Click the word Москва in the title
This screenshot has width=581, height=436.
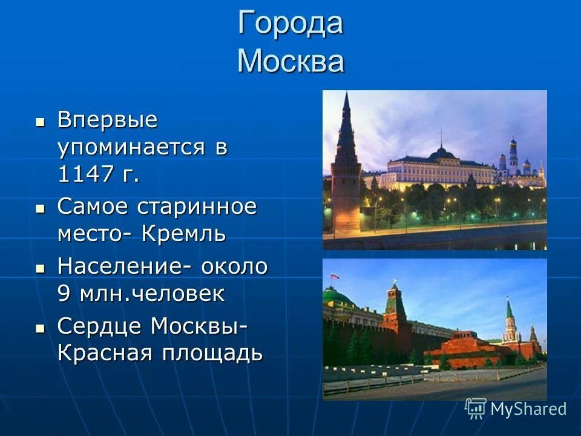[x=290, y=61]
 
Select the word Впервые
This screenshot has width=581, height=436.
[x=107, y=120]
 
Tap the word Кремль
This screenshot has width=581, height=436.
[x=184, y=234]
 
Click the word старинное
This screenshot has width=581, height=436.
[x=196, y=206]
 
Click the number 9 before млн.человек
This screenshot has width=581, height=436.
[x=64, y=294]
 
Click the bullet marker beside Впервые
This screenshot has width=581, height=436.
[x=40, y=121]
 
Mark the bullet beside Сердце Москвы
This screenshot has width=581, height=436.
[x=40, y=328]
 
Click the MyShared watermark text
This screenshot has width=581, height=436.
[x=528, y=409]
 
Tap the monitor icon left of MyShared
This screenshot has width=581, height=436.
[x=476, y=408]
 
